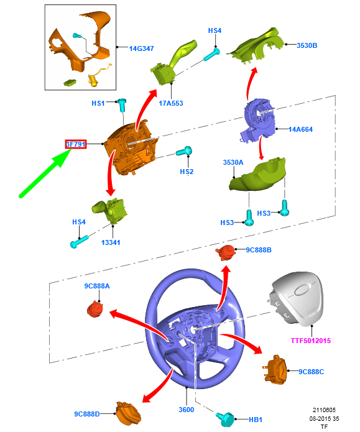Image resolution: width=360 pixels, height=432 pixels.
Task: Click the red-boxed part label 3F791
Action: [x=76, y=144]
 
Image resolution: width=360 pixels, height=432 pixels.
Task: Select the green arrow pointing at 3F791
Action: [x=45, y=173]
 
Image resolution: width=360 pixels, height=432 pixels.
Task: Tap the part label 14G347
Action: [x=141, y=48]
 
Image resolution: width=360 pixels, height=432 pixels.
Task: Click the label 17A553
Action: [x=171, y=103]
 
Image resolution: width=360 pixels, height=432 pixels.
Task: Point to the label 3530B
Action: [x=307, y=45]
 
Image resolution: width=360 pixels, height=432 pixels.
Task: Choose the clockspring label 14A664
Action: [x=300, y=129]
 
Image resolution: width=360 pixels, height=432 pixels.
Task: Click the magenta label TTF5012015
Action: [x=311, y=341]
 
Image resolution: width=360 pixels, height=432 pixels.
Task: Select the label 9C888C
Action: [x=312, y=372]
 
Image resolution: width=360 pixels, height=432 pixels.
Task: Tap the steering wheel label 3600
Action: [x=187, y=410]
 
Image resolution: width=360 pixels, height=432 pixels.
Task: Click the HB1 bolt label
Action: [x=256, y=420]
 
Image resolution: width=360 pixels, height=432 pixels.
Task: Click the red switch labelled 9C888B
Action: [x=226, y=252]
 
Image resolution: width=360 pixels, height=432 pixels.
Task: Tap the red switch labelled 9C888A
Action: [x=95, y=309]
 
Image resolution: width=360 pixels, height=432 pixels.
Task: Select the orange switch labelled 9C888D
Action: [x=128, y=413]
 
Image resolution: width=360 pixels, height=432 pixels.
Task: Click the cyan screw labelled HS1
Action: [x=122, y=104]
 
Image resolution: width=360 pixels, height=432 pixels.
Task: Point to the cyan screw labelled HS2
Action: [x=184, y=151]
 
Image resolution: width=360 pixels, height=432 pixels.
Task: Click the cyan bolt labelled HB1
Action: [x=225, y=420]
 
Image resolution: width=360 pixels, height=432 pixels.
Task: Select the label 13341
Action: [x=111, y=242]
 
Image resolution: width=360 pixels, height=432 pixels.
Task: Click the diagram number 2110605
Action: [x=324, y=410]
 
